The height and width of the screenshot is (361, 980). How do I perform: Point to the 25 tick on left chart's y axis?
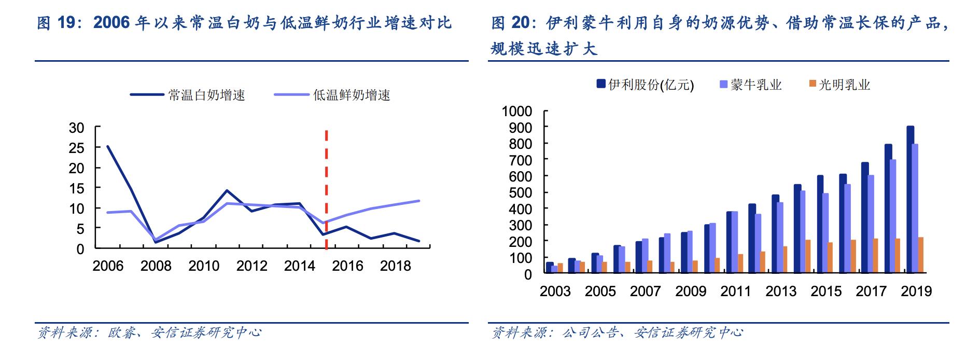point(76,148)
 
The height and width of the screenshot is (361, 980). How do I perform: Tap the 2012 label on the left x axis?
point(251,266)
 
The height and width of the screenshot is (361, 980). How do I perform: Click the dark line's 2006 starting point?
point(107,146)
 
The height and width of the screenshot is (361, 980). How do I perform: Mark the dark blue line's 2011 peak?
point(227,190)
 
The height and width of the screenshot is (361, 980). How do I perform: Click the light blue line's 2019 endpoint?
point(418,201)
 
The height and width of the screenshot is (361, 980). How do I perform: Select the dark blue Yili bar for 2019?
point(910,200)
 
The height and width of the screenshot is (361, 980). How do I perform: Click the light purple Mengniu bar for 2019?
point(915,209)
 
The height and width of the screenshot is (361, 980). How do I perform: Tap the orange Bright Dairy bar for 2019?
point(921,255)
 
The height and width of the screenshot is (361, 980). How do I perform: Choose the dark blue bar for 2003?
point(549,268)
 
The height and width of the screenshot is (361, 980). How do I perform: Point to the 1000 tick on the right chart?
point(516,112)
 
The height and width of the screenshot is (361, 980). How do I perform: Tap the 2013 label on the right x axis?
point(781,291)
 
